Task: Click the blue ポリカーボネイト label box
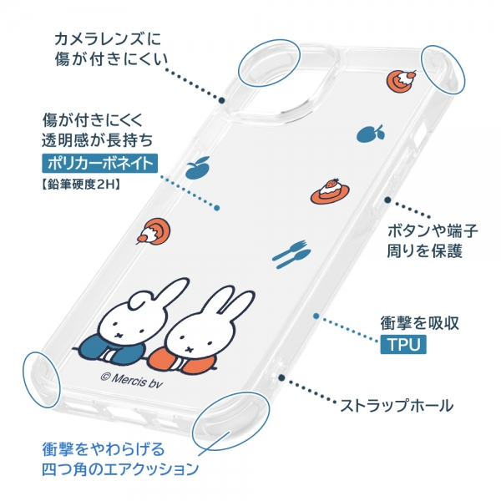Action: click(x=99, y=164)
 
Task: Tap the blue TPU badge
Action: click(x=403, y=344)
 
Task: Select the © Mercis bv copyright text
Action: click(x=132, y=381)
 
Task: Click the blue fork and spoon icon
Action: click(x=291, y=253)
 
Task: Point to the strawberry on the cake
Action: click(x=330, y=184)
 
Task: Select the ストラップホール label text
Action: click(x=396, y=406)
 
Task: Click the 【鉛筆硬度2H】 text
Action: click(x=81, y=185)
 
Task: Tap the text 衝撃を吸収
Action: click(x=419, y=322)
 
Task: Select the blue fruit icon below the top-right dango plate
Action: click(x=371, y=134)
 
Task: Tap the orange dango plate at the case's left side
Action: click(x=154, y=231)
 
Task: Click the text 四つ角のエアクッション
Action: click(x=120, y=469)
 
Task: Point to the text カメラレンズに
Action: click(x=108, y=39)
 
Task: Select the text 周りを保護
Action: click(x=425, y=250)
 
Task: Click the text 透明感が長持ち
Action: click(x=98, y=139)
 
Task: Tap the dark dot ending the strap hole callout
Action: click(x=281, y=377)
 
